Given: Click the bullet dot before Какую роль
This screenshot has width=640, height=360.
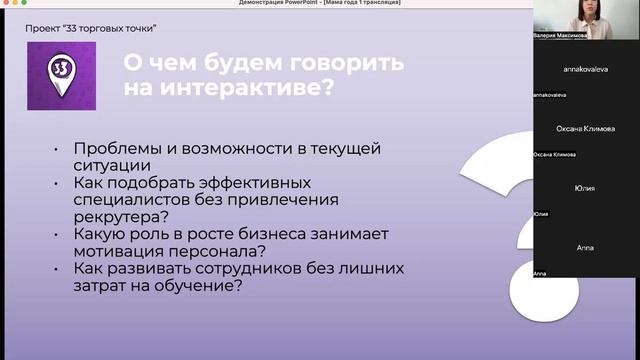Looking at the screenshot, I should coord(55,235).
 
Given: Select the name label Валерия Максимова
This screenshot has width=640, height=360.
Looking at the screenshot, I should coord(561,34).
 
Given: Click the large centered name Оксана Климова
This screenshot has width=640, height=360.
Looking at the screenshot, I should coord(586,129).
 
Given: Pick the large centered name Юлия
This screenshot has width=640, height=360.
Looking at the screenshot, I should coord(586,188).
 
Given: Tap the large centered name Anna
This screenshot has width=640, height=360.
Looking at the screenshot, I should coord(586,247).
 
